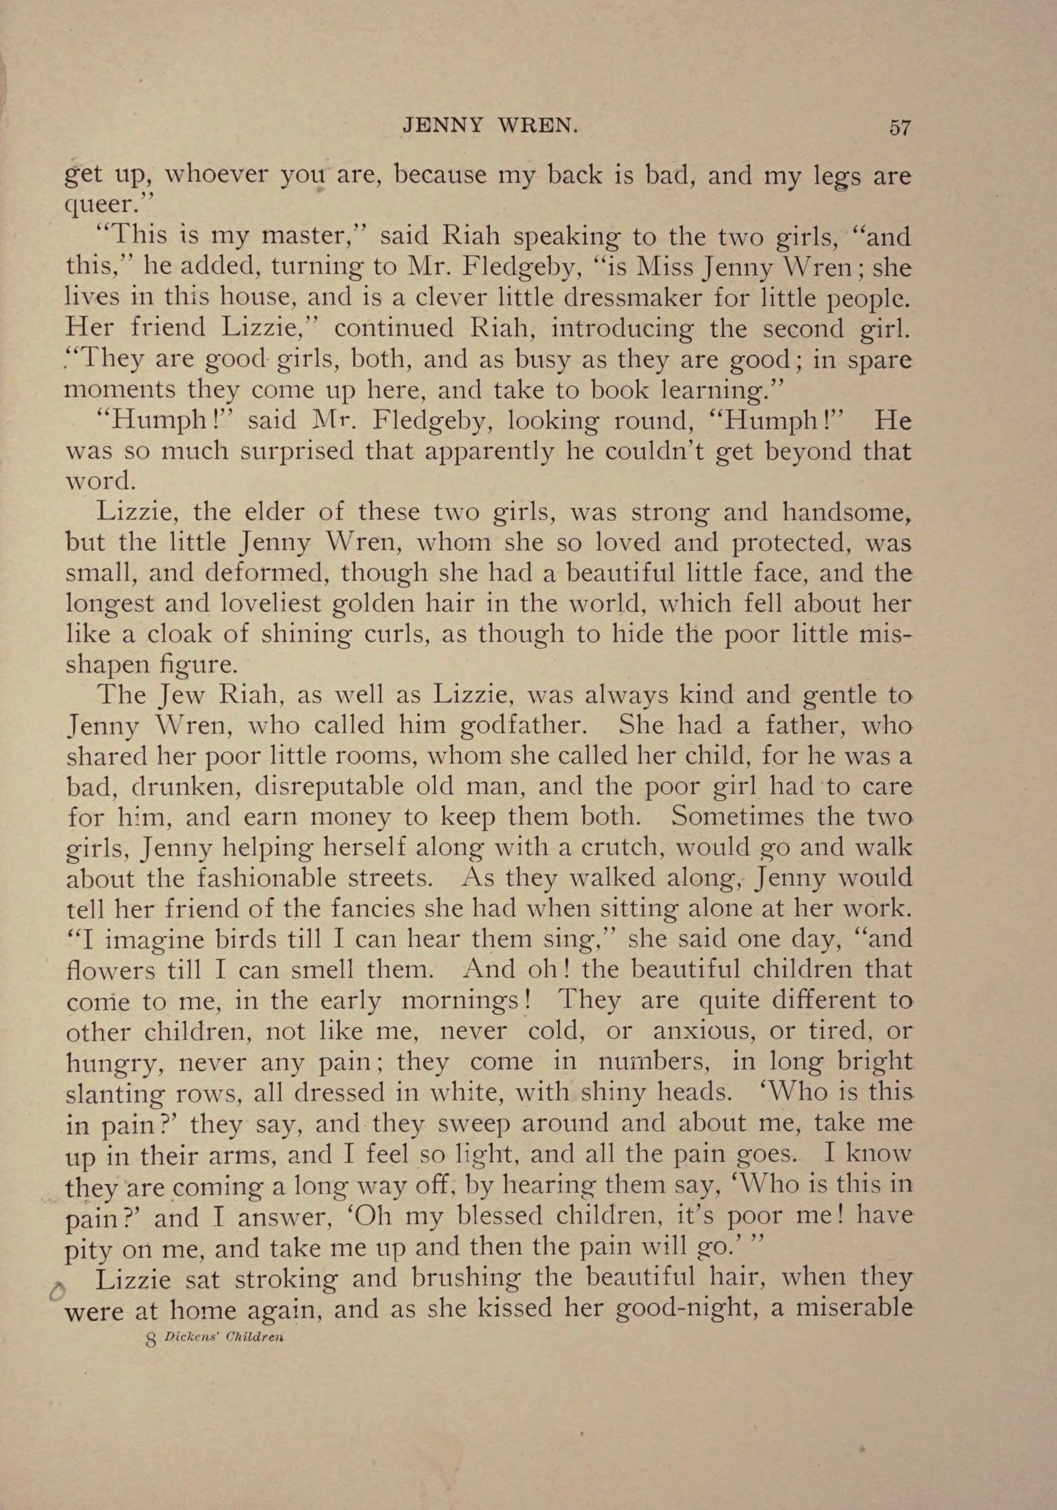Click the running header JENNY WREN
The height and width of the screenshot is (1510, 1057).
490,125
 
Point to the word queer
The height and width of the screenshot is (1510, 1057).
106,206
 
